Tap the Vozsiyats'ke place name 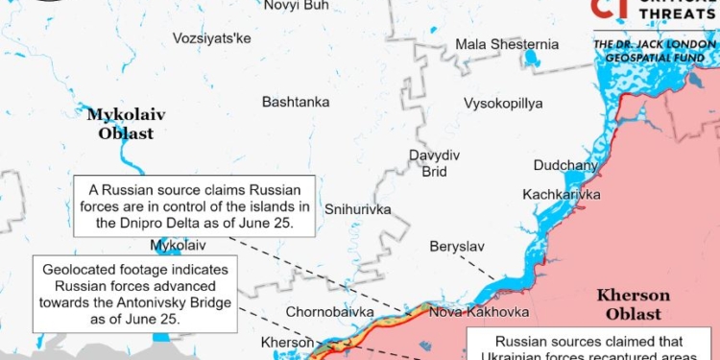[x=211, y=38]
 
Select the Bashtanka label [x=296, y=102]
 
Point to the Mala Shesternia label [x=506, y=44]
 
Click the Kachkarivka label [x=562, y=195]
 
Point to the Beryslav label [x=457, y=247]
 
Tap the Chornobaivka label [x=327, y=313]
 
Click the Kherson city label [x=287, y=343]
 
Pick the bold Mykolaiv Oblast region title [x=126, y=124]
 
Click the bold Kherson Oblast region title [x=633, y=304]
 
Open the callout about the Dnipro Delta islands [x=194, y=205]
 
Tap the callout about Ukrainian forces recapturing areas [x=589, y=348]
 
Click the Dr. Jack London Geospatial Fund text [x=655, y=52]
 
